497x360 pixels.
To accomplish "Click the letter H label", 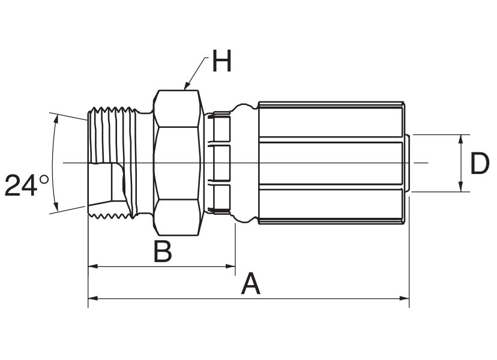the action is pyautogui.click(x=222, y=61).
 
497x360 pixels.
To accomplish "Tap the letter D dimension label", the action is pyautogui.click(x=480, y=163).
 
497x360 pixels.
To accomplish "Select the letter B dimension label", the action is pyautogui.click(x=163, y=251).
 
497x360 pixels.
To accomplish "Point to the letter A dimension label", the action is pyautogui.click(x=251, y=283).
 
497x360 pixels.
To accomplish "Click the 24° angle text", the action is pyautogui.click(x=27, y=185).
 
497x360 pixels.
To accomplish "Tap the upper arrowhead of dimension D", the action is pyautogui.click(x=461, y=139).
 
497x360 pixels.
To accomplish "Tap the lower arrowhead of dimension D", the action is pyautogui.click(x=461, y=187).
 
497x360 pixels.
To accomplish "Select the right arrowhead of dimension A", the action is pyautogui.click(x=404, y=298).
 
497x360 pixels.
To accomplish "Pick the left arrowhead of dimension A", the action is pyautogui.click(x=93, y=298).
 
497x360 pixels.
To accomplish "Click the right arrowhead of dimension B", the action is pyautogui.click(x=230, y=266).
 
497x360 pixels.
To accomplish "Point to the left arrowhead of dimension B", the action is pyautogui.click(x=93, y=266).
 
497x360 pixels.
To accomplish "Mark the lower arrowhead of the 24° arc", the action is pyautogui.click(x=56, y=206).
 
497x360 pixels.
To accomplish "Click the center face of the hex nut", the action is pyautogui.click(x=177, y=163).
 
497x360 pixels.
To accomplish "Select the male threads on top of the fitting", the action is pyautogui.click(x=112, y=110).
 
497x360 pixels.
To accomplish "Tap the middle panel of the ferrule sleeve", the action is pyautogui.click(x=331, y=163).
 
